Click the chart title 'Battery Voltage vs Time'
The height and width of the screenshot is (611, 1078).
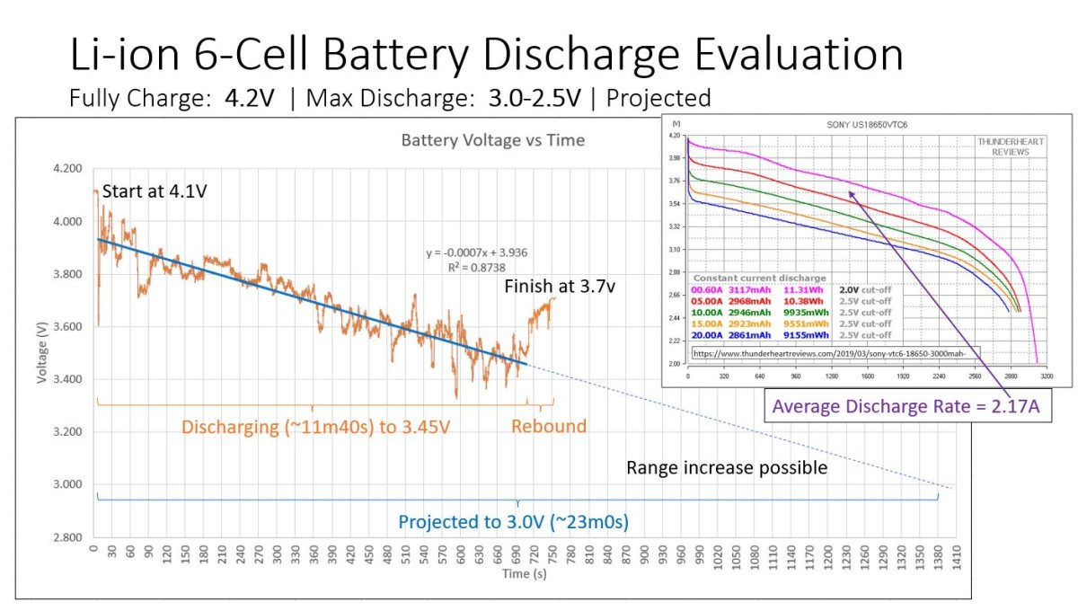click(492, 140)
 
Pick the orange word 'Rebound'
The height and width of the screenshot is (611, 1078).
click(549, 426)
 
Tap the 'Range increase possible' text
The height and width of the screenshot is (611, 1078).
click(726, 467)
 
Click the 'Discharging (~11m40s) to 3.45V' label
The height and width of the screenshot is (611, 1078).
click(315, 426)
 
